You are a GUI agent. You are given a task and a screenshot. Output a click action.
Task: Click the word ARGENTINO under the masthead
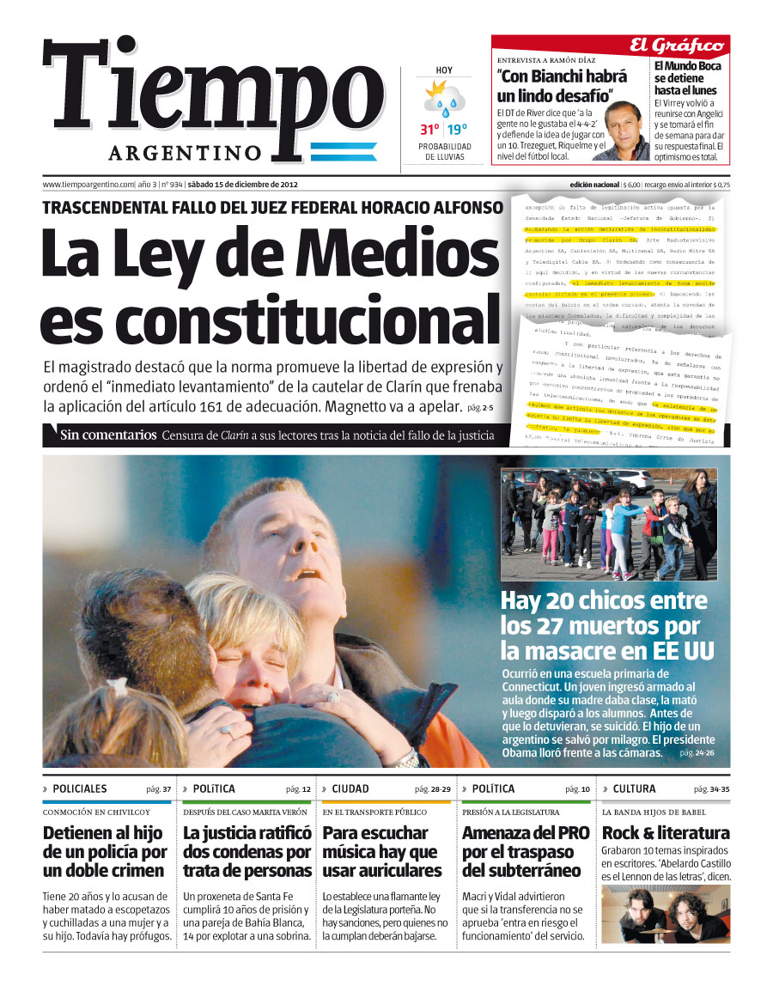[x=185, y=153]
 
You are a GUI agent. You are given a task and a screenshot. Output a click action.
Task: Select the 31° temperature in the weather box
[x=429, y=131]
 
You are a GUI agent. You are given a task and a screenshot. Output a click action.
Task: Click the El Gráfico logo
[x=689, y=46]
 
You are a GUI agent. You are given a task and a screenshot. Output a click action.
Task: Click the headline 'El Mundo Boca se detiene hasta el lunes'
[x=688, y=77]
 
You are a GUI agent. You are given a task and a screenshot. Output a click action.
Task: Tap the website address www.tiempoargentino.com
[x=88, y=185]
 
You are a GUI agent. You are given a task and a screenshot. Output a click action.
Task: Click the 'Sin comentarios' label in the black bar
[x=108, y=435]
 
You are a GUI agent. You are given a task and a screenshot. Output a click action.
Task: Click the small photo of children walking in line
[x=609, y=523]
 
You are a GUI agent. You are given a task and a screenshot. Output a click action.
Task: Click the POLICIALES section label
[x=80, y=788]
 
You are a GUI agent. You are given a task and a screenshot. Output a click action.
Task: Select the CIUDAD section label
[x=350, y=788]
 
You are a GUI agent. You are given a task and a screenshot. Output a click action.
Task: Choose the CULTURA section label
[x=634, y=788]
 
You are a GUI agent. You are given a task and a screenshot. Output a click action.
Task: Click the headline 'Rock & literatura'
[x=666, y=832]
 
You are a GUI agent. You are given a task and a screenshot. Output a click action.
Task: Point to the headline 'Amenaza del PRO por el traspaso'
[x=526, y=851]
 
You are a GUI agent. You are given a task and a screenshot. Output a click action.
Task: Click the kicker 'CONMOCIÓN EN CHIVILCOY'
[x=96, y=812]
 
